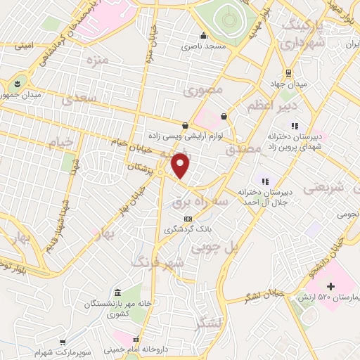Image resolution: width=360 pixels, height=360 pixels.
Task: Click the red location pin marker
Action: [181, 166]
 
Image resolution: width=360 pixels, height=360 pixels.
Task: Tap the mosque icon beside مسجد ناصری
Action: [204, 36]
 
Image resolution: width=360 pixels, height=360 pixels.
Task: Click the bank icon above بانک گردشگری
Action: [186, 219]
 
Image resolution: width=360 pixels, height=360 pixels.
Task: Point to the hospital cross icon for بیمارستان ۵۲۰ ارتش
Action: [331, 286]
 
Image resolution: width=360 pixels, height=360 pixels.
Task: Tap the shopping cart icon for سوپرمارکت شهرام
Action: [63, 341]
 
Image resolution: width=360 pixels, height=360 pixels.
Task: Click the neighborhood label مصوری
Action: [203, 91]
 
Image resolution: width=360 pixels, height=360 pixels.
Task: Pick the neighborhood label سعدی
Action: [79, 99]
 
